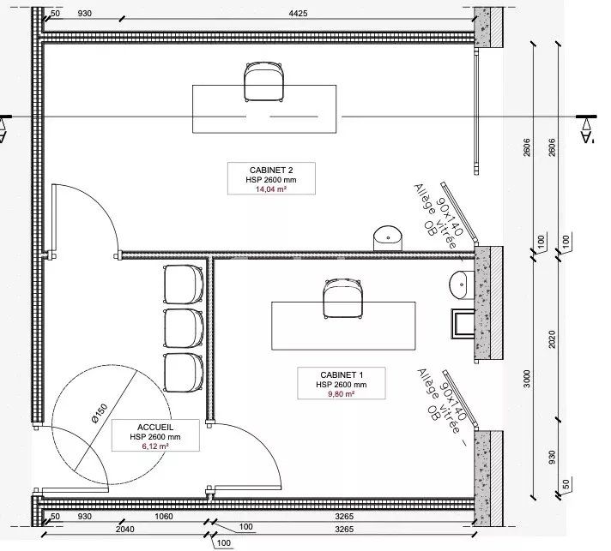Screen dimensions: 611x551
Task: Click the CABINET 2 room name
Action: (271, 170)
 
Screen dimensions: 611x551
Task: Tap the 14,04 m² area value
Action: (271, 189)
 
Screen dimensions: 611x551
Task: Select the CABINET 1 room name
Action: (342, 374)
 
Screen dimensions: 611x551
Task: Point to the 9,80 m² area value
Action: (342, 394)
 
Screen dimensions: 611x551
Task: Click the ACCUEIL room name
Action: (155, 428)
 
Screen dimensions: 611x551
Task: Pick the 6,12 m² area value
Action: (155, 446)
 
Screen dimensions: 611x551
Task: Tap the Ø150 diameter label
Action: (100, 413)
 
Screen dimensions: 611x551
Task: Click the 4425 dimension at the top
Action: (298, 13)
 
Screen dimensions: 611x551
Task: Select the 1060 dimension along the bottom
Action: (164, 517)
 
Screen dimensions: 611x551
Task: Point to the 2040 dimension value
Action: (125, 530)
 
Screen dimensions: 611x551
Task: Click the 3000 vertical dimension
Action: (527, 379)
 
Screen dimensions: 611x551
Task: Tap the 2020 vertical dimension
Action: (552, 339)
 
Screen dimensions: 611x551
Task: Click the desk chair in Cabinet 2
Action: (263, 82)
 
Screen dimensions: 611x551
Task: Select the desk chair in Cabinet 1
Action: (343, 298)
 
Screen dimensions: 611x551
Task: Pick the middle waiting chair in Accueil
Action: (183, 328)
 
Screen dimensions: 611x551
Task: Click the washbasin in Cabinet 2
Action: (388, 238)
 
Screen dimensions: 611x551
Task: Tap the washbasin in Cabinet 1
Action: (462, 284)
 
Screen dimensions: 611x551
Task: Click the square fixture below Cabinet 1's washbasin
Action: (463, 324)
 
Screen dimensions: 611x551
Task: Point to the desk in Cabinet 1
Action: (343, 326)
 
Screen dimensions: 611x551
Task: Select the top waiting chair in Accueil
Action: (183, 284)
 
